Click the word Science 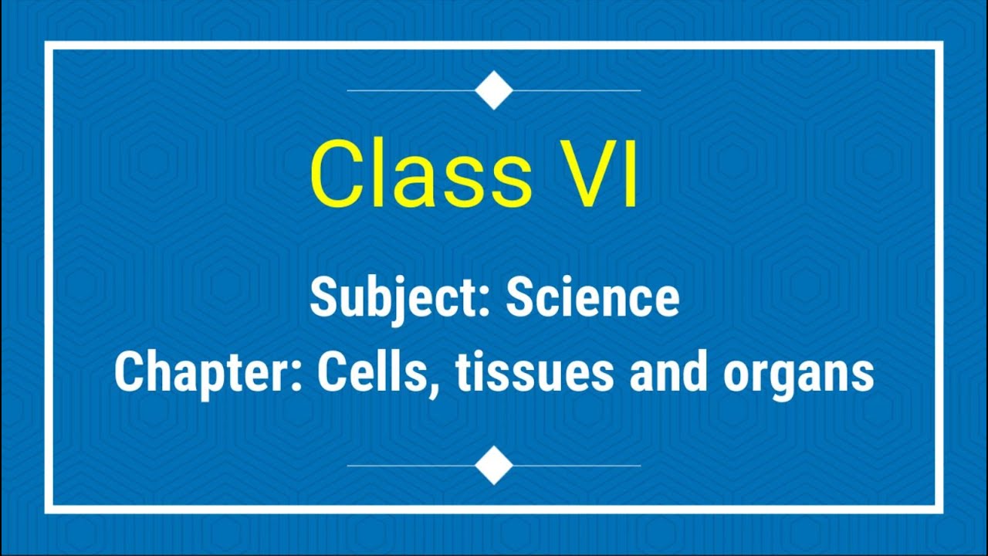[x=593, y=298]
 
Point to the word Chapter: [x=208, y=373]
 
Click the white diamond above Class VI [x=494, y=90]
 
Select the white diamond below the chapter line [x=494, y=466]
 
